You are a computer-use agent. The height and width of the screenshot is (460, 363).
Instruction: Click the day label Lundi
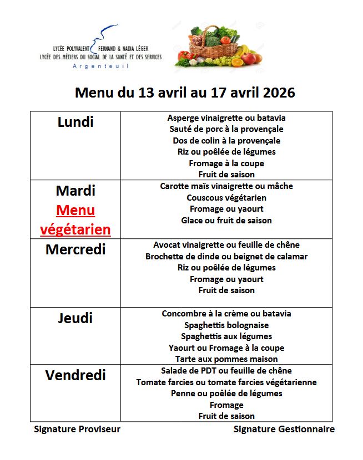(75, 122)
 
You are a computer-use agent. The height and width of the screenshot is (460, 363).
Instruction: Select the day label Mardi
(75, 191)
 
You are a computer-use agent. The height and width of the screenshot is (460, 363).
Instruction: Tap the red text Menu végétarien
(75, 220)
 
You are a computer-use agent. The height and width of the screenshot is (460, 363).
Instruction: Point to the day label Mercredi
(75, 249)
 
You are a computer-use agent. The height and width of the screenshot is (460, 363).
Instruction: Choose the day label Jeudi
(75, 318)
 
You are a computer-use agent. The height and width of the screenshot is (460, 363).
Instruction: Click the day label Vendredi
(75, 375)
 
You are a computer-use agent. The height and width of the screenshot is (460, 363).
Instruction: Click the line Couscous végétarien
(226, 198)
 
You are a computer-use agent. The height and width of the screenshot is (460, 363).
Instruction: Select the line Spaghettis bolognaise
(226, 325)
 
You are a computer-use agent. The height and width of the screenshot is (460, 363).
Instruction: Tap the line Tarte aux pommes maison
(226, 359)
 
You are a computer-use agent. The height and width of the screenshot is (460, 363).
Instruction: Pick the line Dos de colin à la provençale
(226, 141)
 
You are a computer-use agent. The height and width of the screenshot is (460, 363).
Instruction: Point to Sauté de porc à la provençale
(226, 129)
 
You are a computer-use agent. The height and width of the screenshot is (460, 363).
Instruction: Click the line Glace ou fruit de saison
(226, 221)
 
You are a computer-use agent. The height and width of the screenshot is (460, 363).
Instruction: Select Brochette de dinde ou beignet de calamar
(226, 257)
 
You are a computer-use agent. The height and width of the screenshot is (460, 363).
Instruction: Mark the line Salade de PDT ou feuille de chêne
(226, 371)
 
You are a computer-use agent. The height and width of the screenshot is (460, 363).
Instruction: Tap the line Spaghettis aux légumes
(226, 336)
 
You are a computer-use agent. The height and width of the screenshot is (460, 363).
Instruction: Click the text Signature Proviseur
(77, 429)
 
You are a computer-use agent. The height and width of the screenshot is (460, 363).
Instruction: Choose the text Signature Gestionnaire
(284, 429)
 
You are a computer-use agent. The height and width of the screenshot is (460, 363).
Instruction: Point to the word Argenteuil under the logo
(101, 66)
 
